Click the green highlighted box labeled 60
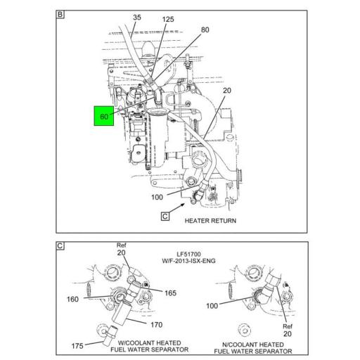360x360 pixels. [x=104, y=116]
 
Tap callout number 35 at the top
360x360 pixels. [x=137, y=18]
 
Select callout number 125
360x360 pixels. [x=168, y=19]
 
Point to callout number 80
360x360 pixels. [x=205, y=30]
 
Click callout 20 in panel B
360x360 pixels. [x=227, y=91]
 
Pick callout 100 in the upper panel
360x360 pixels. [x=157, y=197]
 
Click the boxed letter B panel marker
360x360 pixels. [x=60, y=14]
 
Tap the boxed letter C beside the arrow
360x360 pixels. [x=165, y=216]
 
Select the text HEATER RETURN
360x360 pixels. [x=210, y=221]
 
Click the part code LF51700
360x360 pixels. [x=188, y=254]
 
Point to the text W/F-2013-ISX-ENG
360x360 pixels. [x=188, y=261]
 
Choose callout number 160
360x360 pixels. [x=72, y=300]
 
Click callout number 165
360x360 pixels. [x=170, y=293]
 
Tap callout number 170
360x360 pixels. [x=157, y=325]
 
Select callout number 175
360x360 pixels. [x=77, y=346]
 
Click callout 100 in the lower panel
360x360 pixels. [x=212, y=306]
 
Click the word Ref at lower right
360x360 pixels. [x=288, y=326]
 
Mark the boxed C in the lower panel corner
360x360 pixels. [x=60, y=246]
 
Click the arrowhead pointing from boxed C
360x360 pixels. [x=183, y=205]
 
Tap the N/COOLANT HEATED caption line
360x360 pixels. [x=253, y=345]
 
